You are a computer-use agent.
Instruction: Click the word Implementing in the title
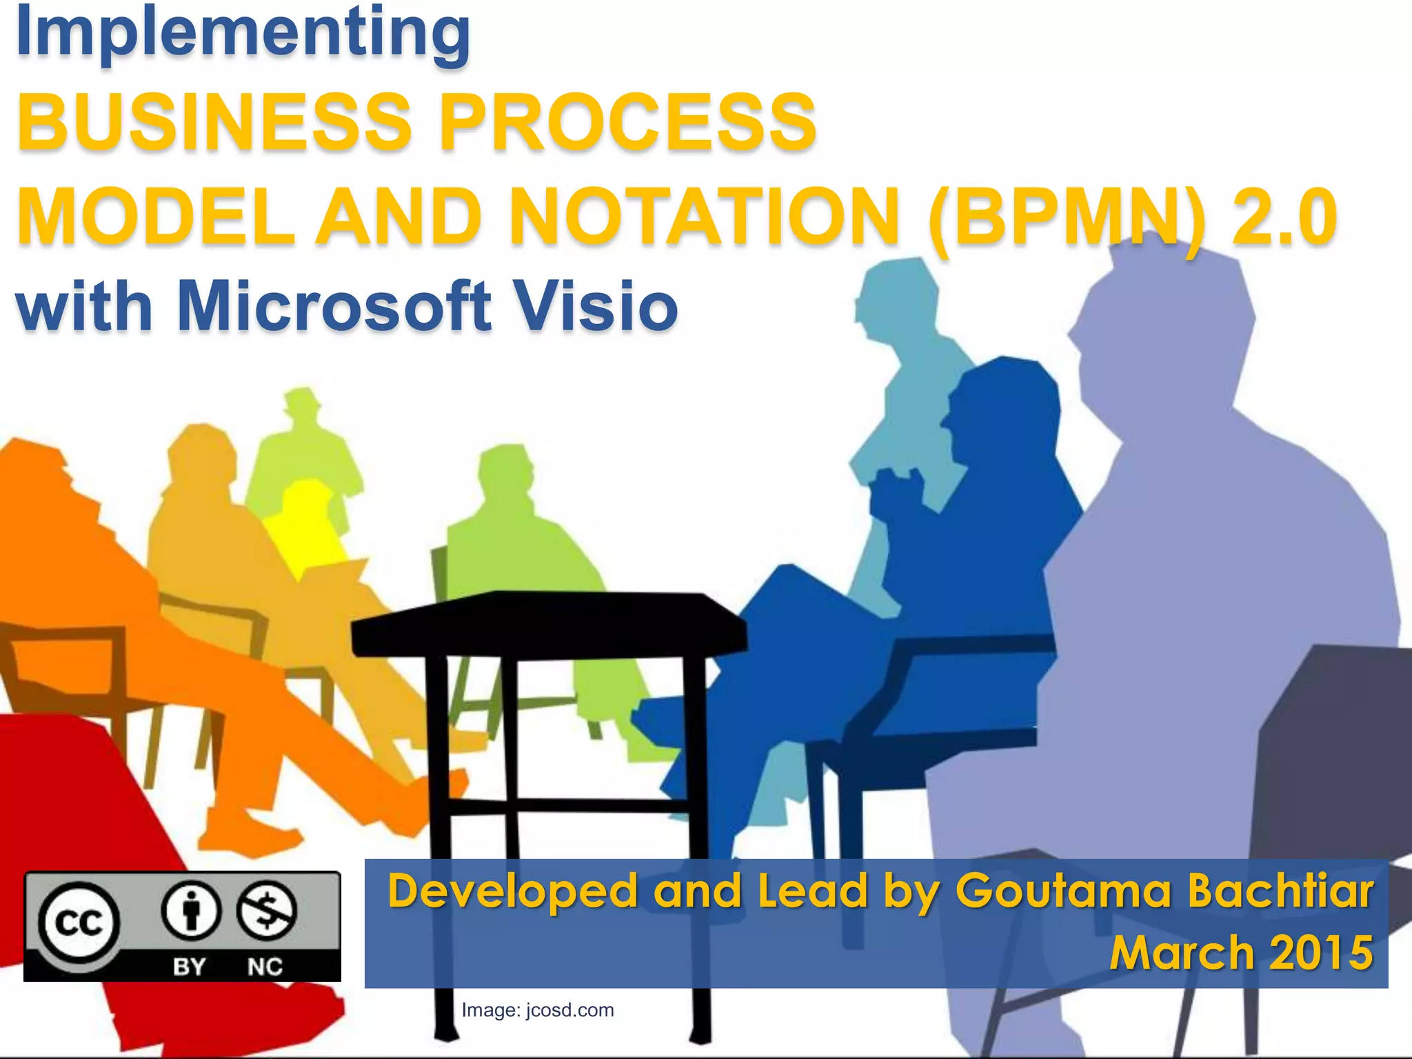243,33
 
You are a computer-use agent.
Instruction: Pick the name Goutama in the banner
1062,891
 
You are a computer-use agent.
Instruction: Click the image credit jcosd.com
569,1010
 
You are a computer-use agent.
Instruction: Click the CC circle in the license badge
79,922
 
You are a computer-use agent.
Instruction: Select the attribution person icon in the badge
191,911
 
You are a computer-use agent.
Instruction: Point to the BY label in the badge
190,966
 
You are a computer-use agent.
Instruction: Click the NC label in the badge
265,966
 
